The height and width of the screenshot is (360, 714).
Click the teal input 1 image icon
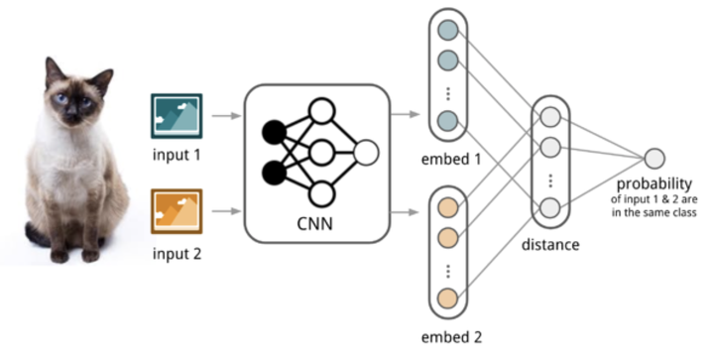tap(176, 115)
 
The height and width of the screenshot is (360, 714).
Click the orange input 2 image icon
tap(176, 210)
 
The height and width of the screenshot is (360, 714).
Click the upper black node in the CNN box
tap(273, 131)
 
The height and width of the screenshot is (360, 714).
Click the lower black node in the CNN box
tap(273, 176)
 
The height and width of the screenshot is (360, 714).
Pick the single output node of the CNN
tap(365, 153)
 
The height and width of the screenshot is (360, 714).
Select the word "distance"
tap(550, 244)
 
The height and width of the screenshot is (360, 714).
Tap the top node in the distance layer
tap(550, 117)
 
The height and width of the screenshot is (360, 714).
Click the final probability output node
tap(654, 158)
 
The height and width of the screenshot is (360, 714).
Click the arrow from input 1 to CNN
tap(227, 115)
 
